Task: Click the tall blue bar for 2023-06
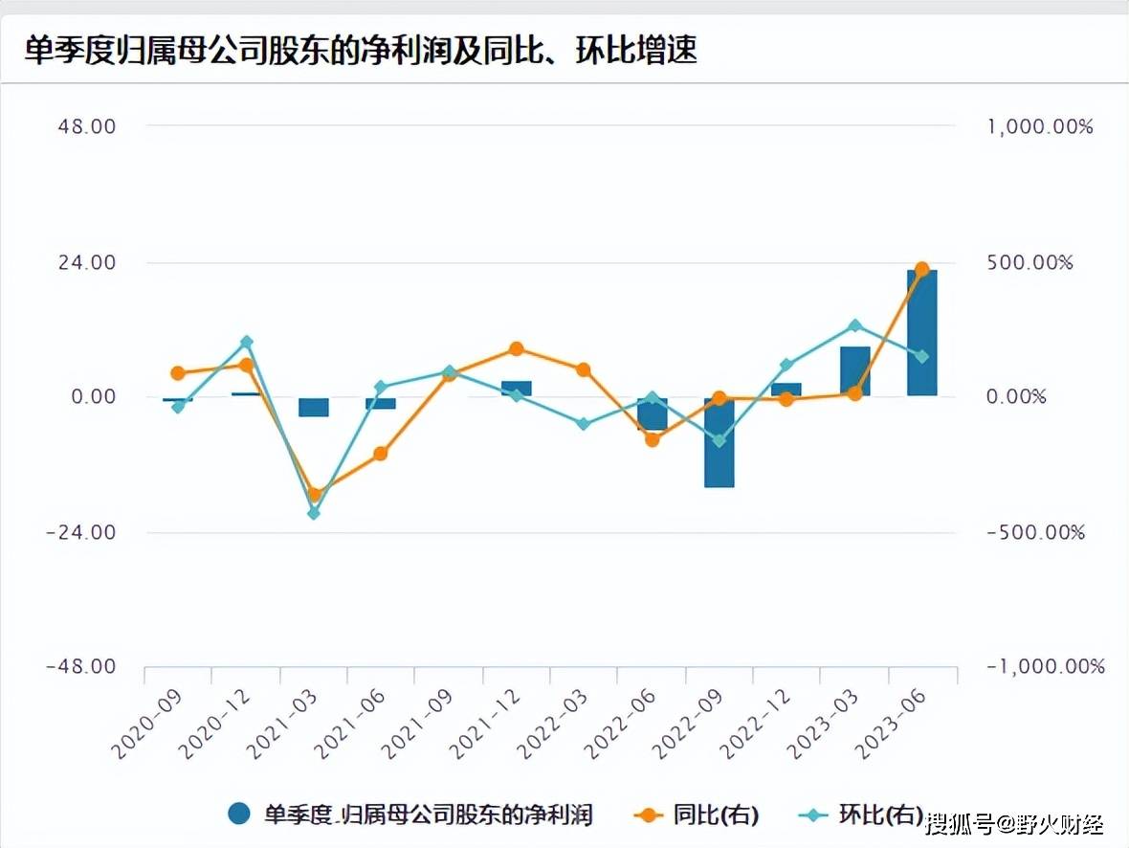[921, 333]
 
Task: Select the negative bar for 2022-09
[719, 442]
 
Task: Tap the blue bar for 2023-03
[854, 371]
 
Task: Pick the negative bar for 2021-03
[313, 407]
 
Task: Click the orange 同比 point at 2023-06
[921, 270]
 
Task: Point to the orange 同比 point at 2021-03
[313, 495]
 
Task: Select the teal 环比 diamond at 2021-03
[313, 514]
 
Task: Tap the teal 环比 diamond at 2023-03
[854, 325]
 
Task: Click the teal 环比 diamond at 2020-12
[246, 343]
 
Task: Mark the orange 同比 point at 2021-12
[516, 349]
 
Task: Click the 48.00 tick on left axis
[88, 126]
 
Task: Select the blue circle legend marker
[239, 815]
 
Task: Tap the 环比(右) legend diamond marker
[814, 815]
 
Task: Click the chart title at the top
[361, 51]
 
